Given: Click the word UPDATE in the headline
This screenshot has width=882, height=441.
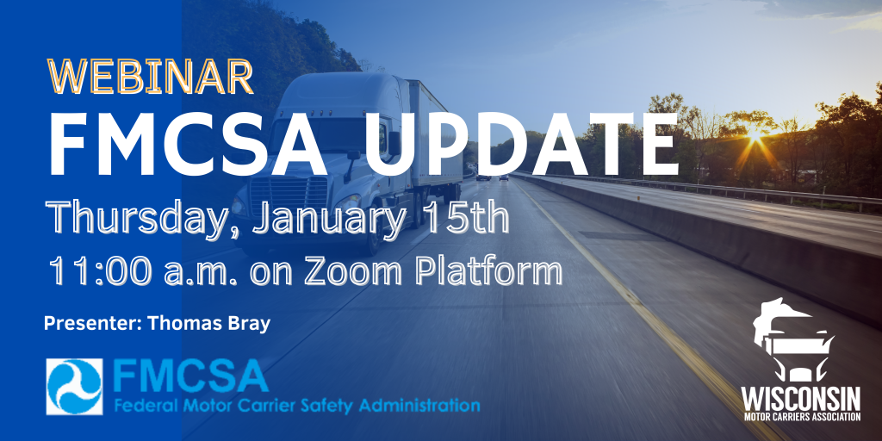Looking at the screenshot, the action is click(522, 145).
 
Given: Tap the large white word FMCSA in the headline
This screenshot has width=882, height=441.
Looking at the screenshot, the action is click(188, 145).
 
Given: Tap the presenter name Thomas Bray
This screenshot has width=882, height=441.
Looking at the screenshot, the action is click(208, 324).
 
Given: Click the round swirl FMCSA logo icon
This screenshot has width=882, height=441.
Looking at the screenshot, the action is click(75, 387).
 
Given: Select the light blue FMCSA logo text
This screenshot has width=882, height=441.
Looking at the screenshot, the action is click(190, 376).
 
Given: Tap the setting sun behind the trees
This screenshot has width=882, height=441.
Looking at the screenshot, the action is click(754, 135).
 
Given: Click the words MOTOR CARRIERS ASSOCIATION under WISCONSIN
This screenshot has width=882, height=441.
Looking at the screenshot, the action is click(800, 418).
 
